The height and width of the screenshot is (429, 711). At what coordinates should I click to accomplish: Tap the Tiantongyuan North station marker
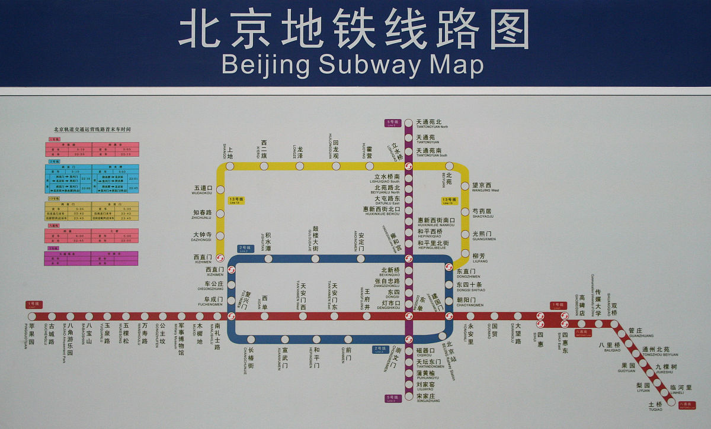point(408,123)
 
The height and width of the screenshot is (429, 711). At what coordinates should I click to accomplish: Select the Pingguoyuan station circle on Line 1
point(32,316)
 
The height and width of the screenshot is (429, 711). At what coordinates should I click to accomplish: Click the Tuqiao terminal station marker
point(671,401)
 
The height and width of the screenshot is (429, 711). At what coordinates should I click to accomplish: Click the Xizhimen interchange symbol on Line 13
point(220,258)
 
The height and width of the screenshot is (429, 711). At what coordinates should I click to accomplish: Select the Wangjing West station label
point(484,188)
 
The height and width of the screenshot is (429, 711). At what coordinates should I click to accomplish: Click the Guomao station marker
point(494,316)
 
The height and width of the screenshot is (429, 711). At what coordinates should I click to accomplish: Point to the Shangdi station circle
point(230,166)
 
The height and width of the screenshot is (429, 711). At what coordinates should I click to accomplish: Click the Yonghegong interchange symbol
point(408,259)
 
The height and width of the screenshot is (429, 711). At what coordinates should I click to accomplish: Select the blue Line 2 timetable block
point(92,179)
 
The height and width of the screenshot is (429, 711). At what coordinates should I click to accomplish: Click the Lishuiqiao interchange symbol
point(408,166)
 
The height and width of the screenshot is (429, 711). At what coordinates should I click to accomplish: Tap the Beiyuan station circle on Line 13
point(449,166)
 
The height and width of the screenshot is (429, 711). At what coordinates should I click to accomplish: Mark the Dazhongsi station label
point(202,236)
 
